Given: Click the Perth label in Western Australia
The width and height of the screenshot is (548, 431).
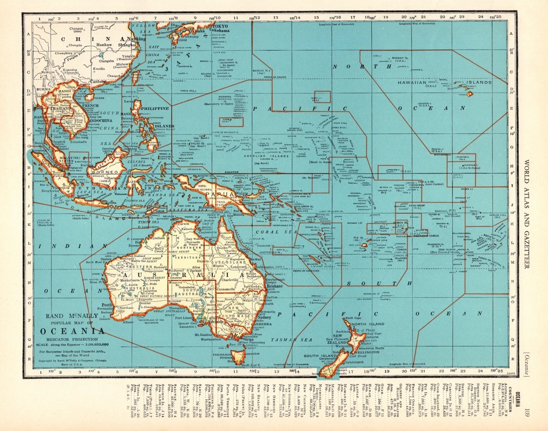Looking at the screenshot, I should coord(107,305).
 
